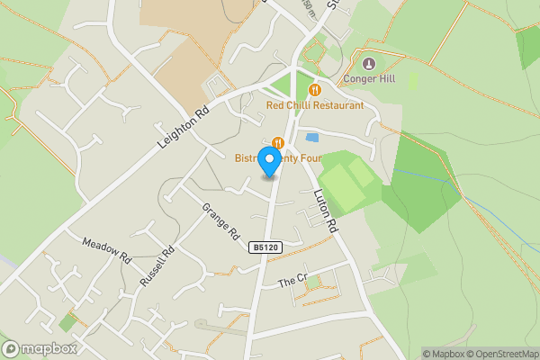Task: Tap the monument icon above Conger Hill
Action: [x=369, y=64]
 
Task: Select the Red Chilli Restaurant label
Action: [x=315, y=105]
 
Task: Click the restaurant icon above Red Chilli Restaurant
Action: [x=314, y=90]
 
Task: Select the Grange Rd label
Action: [x=220, y=221]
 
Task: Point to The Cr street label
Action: [x=292, y=281]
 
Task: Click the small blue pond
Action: [x=312, y=138]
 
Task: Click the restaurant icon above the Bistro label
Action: [x=277, y=142]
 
